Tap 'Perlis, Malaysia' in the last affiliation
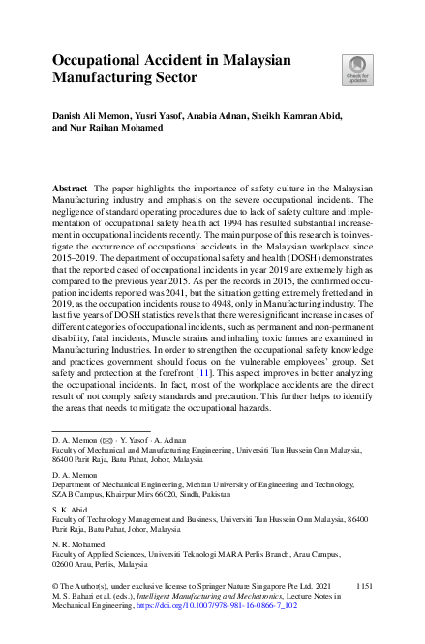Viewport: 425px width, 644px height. tap(116, 564)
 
